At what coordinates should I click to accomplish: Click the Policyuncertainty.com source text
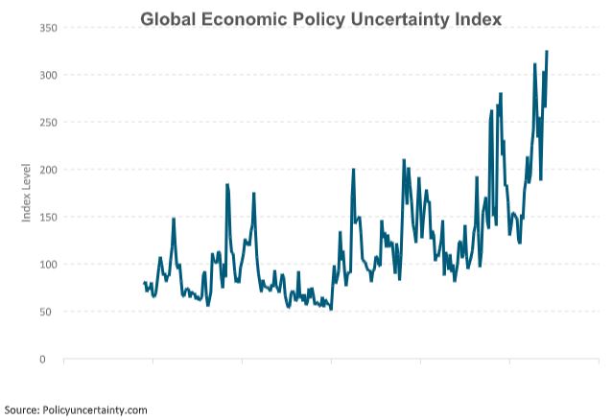[x=96, y=409]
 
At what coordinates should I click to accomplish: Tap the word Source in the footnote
[x=22, y=409]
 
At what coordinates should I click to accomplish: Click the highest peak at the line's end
[x=547, y=52]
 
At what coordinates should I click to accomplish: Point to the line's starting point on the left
[x=144, y=283]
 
